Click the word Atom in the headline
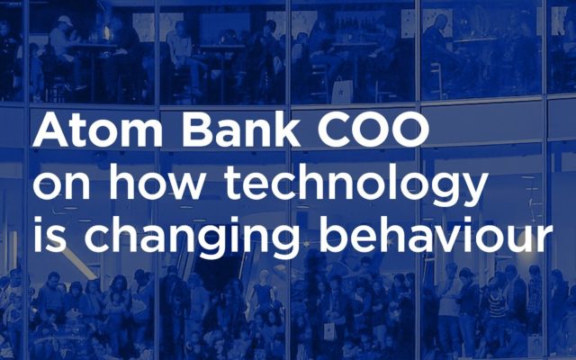(x=98, y=129)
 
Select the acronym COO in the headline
(x=373, y=130)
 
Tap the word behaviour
(x=436, y=234)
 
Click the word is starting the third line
(x=49, y=234)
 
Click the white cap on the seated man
(x=65, y=21)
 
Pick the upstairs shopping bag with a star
(x=342, y=90)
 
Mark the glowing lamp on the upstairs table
(x=106, y=32)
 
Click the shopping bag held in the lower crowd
(x=329, y=331)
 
